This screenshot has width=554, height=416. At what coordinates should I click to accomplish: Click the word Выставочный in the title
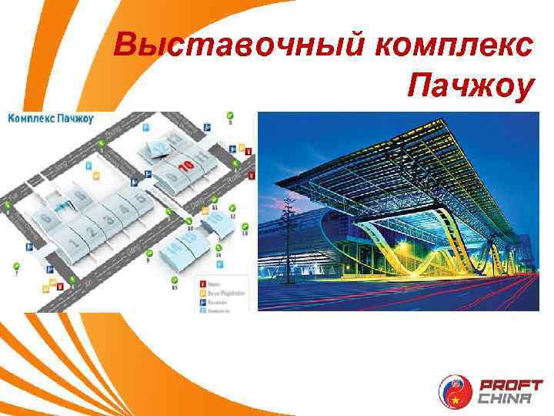point(238,45)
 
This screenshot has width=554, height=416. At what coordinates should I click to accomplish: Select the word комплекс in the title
point(454,45)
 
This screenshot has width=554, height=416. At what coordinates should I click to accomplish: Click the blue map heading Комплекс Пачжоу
point(51,119)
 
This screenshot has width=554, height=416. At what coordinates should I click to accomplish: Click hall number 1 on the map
point(75,246)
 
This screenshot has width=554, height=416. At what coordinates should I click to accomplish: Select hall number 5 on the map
point(140,201)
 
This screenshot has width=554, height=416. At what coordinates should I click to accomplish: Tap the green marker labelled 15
point(175,280)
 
